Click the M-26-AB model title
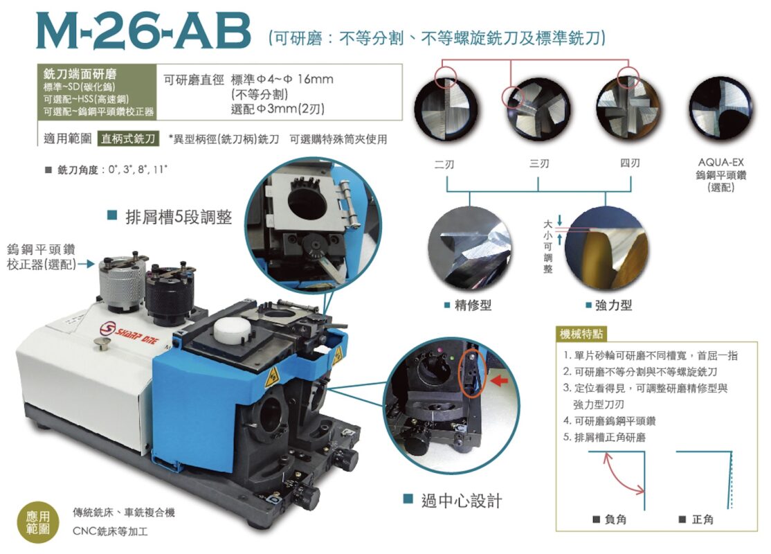click(x=143, y=31)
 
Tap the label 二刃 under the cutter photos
click(x=444, y=164)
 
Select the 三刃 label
click(x=539, y=163)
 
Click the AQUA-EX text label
click(x=721, y=162)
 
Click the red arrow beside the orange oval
click(x=500, y=379)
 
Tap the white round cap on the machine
click(x=230, y=328)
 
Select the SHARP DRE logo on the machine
click(x=129, y=333)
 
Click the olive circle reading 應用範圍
click(x=38, y=523)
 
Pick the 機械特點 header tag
click(x=581, y=334)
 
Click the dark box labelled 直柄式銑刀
click(x=128, y=138)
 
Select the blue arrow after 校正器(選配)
click(x=87, y=265)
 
